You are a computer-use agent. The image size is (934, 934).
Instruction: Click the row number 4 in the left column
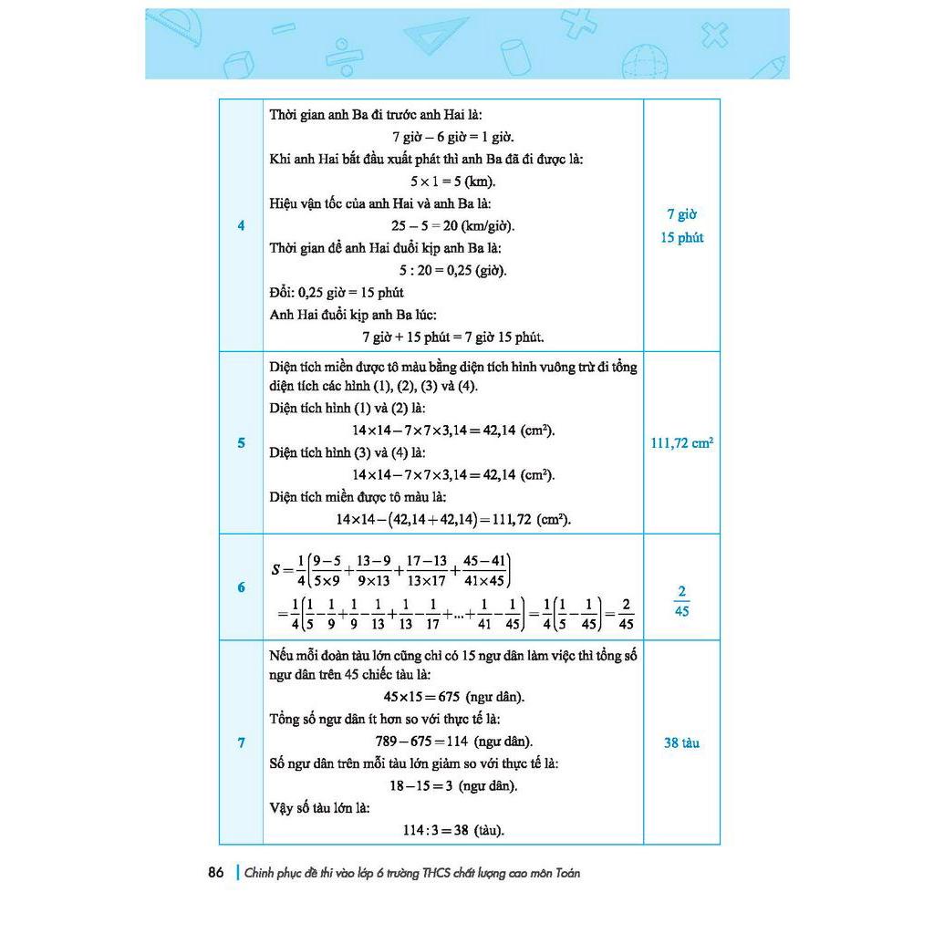coord(241,225)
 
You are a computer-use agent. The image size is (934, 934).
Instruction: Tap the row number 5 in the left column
coord(241,443)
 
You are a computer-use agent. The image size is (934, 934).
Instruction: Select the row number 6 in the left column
coord(241,587)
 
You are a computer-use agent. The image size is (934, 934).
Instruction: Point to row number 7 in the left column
coord(241,742)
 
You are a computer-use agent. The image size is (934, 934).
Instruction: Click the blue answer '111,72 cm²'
coord(682,443)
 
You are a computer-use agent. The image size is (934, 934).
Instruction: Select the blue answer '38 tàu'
coord(682,742)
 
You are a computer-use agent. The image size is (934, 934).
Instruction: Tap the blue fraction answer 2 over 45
coord(682,600)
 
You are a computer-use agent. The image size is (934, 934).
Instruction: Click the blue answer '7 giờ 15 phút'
coord(682,226)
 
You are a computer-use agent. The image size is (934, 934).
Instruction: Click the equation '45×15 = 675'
coord(452,697)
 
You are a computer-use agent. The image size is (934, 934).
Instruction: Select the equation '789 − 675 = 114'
coord(452,741)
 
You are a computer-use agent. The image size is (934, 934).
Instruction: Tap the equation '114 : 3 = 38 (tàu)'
coord(452,830)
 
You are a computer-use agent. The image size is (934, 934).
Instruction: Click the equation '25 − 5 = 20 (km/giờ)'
coord(452,225)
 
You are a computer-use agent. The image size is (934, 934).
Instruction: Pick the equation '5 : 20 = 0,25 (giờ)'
coord(452,270)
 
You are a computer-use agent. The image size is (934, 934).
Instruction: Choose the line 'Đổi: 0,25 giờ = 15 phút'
coord(337,292)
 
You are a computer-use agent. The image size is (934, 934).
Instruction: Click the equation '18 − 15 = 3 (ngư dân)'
coord(452,785)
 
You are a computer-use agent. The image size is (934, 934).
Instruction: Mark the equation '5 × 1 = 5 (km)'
coord(452,182)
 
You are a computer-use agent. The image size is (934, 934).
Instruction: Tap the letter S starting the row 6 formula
coord(276,570)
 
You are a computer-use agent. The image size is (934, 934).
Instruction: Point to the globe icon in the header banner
coord(644,60)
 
